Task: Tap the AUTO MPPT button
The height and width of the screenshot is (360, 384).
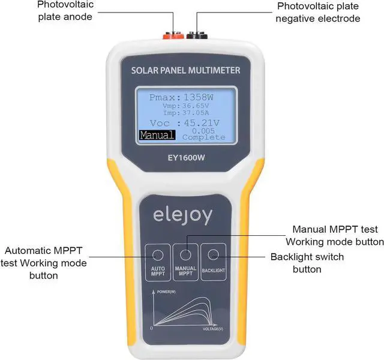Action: (157, 259)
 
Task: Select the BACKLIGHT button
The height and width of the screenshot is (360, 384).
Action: (213, 259)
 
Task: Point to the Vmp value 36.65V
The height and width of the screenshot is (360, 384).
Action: (199, 106)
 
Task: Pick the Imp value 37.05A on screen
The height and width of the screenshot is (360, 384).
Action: (199, 113)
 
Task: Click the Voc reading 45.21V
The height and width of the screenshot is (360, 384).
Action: (202, 123)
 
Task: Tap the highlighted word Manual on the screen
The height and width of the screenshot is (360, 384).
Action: (157, 136)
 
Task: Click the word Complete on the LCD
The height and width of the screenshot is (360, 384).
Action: (204, 137)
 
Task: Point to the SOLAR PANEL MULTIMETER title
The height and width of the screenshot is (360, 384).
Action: (185, 71)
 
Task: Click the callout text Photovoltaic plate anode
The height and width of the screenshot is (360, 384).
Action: (65, 11)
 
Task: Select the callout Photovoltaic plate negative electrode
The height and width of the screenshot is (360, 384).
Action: (319, 12)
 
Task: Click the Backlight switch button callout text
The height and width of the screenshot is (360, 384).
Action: (307, 263)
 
